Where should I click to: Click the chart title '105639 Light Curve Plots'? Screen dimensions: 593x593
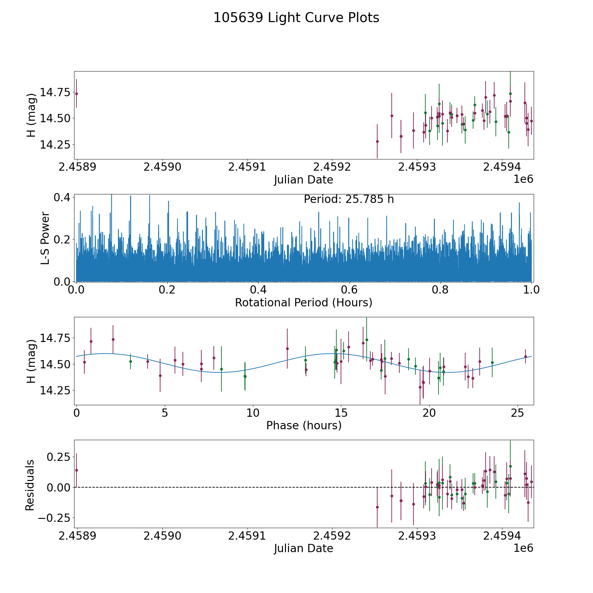[296, 18]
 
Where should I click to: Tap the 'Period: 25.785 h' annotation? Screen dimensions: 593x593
[349, 200]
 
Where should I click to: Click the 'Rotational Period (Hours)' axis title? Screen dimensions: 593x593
[303, 302]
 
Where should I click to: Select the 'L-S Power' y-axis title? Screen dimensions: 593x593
[45, 238]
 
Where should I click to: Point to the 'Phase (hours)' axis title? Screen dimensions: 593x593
[303, 426]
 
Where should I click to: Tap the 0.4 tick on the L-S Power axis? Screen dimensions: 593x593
[62, 198]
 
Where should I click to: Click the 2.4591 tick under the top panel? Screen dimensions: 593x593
[247, 167]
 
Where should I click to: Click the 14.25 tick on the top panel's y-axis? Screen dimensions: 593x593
[55, 145]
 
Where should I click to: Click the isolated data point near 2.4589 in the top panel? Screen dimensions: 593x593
[76, 94]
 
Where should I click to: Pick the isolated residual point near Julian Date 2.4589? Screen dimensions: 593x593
[76, 470]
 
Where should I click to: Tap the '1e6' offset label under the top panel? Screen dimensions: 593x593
[523, 180]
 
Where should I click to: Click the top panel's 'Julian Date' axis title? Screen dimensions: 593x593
[303, 180]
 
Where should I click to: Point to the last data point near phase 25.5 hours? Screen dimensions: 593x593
[525, 356]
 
